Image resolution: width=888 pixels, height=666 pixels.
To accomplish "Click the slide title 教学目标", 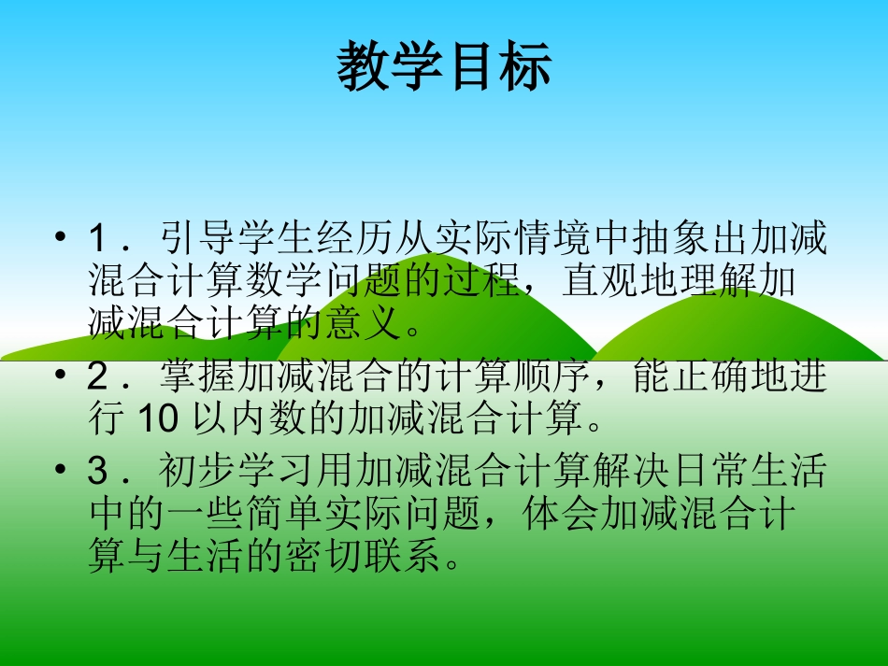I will [x=444, y=67].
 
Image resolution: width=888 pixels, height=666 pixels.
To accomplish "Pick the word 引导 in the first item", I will [x=193, y=239].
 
